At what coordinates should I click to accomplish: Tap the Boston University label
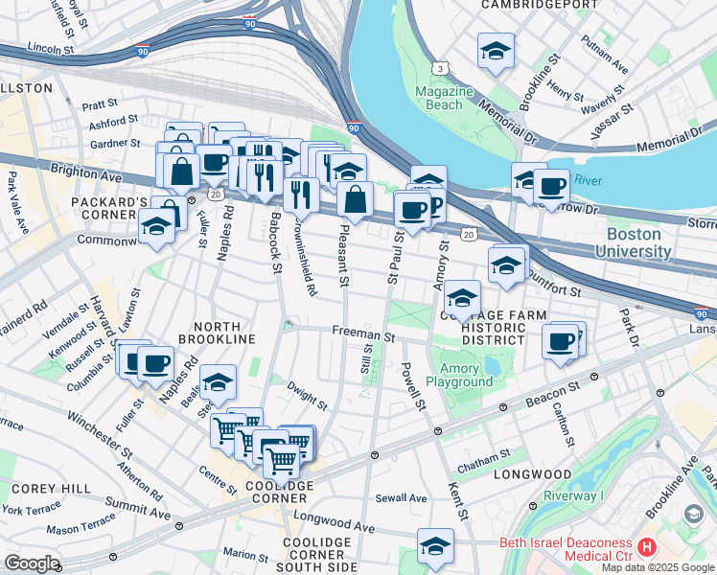632,242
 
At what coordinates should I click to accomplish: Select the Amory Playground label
466,375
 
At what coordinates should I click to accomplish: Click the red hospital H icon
646,548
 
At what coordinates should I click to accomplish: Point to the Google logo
32,563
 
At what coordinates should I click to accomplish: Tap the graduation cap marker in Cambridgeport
496,52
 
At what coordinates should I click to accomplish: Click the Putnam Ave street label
608,69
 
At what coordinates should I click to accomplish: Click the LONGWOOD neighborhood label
532,474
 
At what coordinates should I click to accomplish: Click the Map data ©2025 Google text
659,567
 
